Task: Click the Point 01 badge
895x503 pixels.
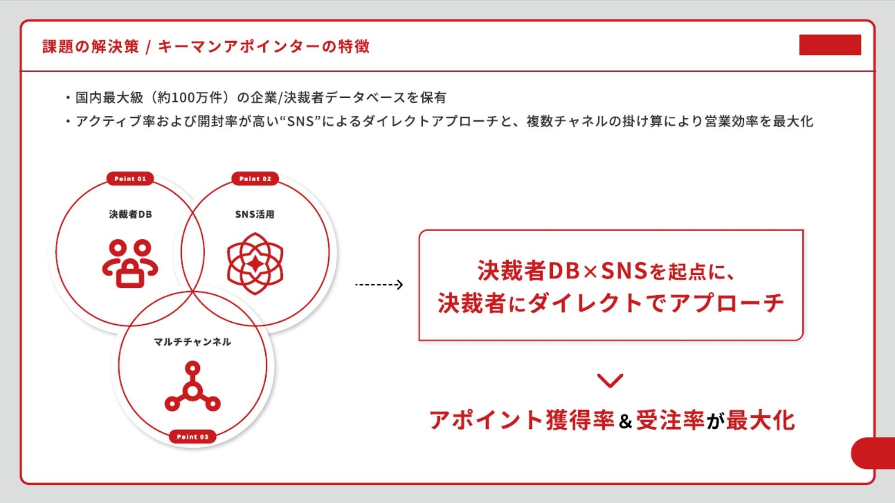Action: coord(130,179)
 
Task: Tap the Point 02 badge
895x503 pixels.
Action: coord(255,179)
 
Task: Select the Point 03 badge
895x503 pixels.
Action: coord(193,437)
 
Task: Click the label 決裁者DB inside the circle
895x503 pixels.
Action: coord(131,214)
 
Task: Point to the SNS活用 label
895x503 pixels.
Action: coord(255,214)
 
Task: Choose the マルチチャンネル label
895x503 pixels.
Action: coord(193,342)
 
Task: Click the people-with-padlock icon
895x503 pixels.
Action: coord(130,264)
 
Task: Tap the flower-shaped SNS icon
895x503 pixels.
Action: coord(255,264)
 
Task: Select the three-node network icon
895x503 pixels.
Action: coord(193,387)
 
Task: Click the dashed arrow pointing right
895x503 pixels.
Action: coord(379,285)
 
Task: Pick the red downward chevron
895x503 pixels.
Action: coord(610,381)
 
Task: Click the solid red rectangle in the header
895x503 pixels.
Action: coord(830,45)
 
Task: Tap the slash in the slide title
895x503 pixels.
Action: coord(148,47)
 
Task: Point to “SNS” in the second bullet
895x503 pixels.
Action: coord(300,122)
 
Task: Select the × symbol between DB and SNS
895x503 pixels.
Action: coord(590,272)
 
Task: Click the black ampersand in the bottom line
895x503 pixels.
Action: coord(625,421)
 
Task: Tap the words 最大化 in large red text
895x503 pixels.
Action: coord(760,420)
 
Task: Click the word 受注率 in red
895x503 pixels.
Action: coord(670,420)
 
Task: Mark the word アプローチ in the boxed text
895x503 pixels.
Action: coord(727,303)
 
